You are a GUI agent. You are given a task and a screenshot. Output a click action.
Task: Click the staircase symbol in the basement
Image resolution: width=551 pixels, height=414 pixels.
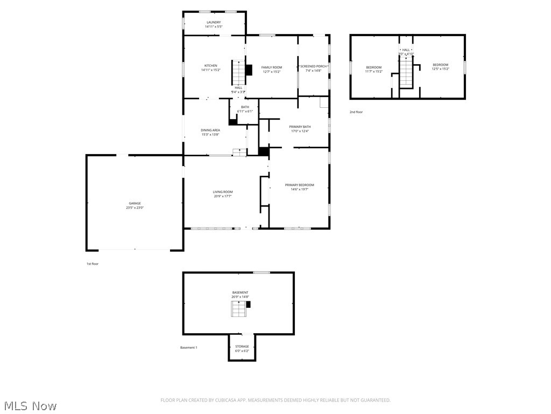238,309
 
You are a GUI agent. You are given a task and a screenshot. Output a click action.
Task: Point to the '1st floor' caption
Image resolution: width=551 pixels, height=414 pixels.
93,264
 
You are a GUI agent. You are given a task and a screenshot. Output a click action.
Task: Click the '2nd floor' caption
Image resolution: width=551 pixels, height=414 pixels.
356,112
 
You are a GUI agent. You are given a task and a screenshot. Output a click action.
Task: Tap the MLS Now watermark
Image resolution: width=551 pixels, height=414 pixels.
30,405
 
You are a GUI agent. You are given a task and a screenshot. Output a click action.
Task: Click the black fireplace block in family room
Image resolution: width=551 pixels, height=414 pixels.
249,70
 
